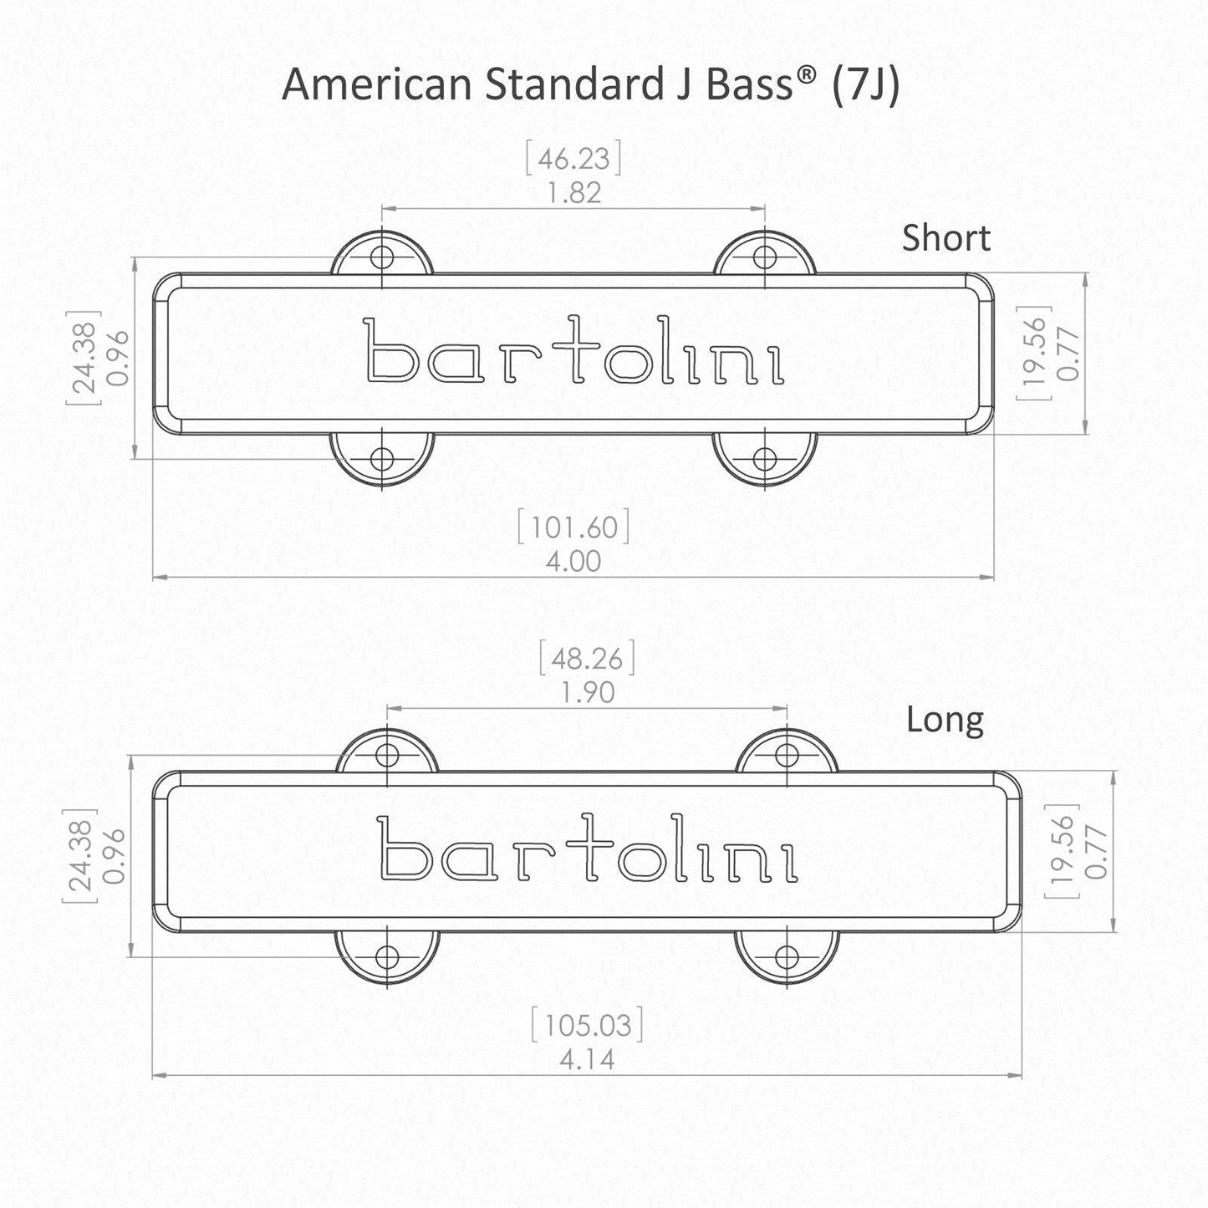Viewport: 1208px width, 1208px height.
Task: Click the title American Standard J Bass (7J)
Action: [590, 85]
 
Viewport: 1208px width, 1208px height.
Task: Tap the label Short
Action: [946, 239]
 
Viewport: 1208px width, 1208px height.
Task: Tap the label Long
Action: [945, 720]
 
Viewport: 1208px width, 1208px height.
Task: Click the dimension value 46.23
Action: [573, 159]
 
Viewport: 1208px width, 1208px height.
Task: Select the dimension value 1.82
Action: [573, 192]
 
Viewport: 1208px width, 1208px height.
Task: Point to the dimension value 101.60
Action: [573, 528]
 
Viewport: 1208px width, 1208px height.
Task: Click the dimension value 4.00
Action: [573, 561]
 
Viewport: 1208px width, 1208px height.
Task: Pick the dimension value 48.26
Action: [587, 659]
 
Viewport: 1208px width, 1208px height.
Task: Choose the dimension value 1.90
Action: [587, 692]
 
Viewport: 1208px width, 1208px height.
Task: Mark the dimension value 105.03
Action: [588, 1025]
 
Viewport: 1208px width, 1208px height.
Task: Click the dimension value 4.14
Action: [588, 1059]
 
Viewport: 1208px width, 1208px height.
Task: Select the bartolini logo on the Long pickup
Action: [589, 850]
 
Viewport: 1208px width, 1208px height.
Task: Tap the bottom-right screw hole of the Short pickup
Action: [764, 458]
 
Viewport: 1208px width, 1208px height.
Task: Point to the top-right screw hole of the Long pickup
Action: [787, 755]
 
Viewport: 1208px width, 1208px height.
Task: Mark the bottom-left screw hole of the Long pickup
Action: [387, 956]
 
